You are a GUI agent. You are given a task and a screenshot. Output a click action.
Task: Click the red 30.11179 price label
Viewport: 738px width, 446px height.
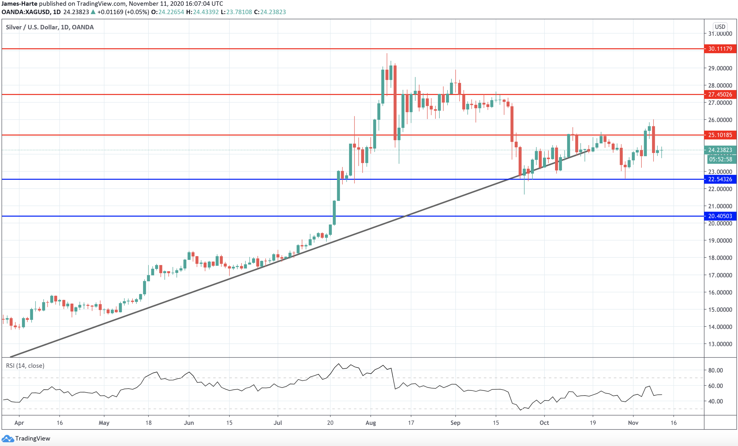pyautogui.click(x=720, y=49)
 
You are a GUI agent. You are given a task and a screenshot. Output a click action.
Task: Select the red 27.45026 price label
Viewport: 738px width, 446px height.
pyautogui.click(x=720, y=95)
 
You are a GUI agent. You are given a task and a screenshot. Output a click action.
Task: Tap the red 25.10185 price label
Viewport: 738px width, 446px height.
pyautogui.click(x=720, y=135)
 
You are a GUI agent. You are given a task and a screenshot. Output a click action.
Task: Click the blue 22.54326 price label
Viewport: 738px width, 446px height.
pyautogui.click(x=720, y=179)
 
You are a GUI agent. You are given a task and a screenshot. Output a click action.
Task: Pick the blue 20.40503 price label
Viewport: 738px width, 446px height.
pyautogui.click(x=720, y=216)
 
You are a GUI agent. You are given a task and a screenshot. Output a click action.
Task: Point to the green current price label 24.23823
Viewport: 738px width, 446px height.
pyautogui.click(x=720, y=150)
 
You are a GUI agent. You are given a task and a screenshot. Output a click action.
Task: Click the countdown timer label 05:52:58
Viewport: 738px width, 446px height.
pyautogui.click(x=721, y=159)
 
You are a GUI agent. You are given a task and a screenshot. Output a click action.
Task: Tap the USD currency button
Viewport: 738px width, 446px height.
pyautogui.click(x=720, y=27)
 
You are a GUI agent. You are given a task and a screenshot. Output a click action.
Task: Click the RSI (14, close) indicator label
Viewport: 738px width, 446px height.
pyautogui.click(x=25, y=366)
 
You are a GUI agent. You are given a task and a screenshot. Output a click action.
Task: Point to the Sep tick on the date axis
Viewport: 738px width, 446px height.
pyautogui.click(x=455, y=423)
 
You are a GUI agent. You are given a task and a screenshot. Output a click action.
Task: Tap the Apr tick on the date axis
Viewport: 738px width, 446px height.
pyautogui.click(x=19, y=423)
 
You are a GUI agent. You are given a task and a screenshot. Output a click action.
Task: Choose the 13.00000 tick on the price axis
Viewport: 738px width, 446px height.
pyautogui.click(x=720, y=344)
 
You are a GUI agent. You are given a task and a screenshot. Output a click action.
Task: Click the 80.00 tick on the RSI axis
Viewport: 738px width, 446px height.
pyautogui.click(x=716, y=370)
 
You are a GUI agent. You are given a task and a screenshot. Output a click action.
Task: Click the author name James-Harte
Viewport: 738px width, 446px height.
pyautogui.click(x=19, y=4)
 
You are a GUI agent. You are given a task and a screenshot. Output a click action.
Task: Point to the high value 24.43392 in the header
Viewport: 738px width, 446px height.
pyautogui.click(x=206, y=12)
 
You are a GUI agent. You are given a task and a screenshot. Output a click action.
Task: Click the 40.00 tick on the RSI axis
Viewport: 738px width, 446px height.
pyautogui.click(x=716, y=401)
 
